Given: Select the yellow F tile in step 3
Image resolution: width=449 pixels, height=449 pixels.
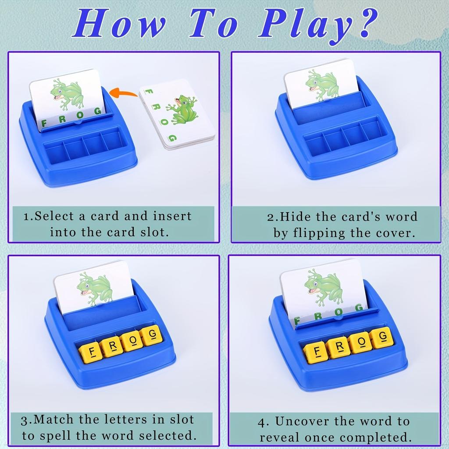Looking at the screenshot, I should tap(91, 352).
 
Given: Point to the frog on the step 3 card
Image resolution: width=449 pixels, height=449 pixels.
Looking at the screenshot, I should tap(93, 288).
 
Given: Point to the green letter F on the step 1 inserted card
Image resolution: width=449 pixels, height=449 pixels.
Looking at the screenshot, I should tap(43, 125).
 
